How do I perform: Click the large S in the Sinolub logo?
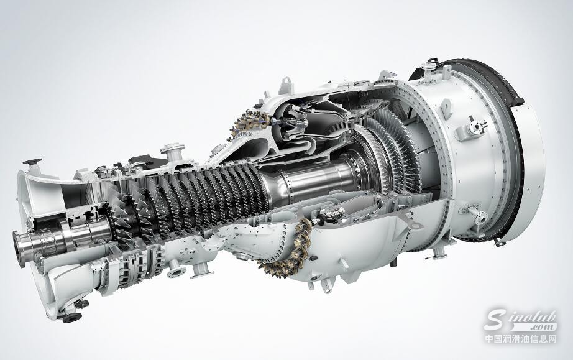pyautogui.click(x=497, y=320)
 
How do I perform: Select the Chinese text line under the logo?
pyautogui.click(x=521, y=339)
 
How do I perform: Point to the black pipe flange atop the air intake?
pyautogui.click(x=32, y=162)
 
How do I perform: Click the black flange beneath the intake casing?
pyautogui.click(x=72, y=317)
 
